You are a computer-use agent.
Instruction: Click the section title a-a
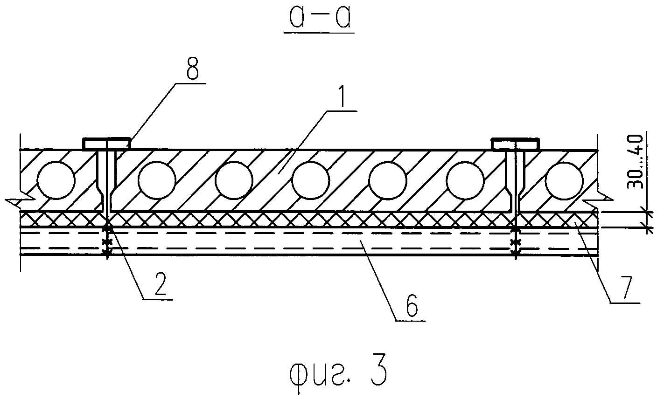point(320,19)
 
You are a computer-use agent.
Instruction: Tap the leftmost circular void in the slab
point(56,180)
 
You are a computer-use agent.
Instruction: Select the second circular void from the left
point(157,180)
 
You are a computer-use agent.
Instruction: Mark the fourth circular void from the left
point(311,180)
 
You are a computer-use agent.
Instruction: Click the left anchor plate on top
point(106,144)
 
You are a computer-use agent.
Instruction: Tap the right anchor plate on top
point(516,144)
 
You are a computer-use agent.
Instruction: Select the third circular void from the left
point(234,180)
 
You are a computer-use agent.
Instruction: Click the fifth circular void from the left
point(388,180)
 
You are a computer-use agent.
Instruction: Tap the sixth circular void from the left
point(465,180)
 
